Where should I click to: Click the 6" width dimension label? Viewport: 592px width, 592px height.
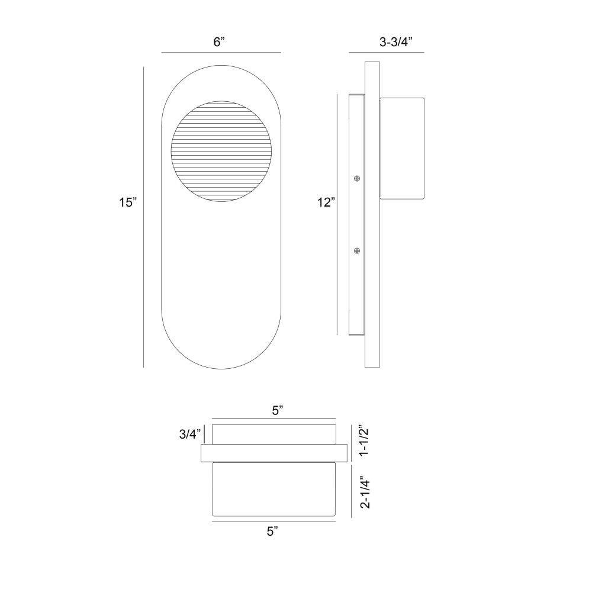220,41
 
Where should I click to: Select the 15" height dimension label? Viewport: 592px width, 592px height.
128,202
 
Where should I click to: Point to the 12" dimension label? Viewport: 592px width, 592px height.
326,202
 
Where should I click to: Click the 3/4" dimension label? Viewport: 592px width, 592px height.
191,434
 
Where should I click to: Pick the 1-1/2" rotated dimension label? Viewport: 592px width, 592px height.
364,442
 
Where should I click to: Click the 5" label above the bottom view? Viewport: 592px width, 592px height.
278,410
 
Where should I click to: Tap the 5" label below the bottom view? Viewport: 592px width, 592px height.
272,531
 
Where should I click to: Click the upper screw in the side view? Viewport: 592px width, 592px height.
357,178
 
